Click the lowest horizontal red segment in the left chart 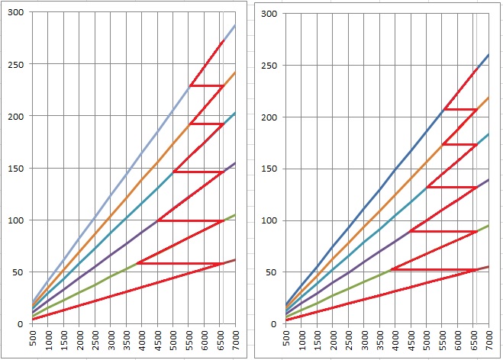[180, 263]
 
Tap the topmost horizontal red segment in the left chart [206, 85]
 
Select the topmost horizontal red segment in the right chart [460, 109]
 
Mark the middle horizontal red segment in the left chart [198, 172]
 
